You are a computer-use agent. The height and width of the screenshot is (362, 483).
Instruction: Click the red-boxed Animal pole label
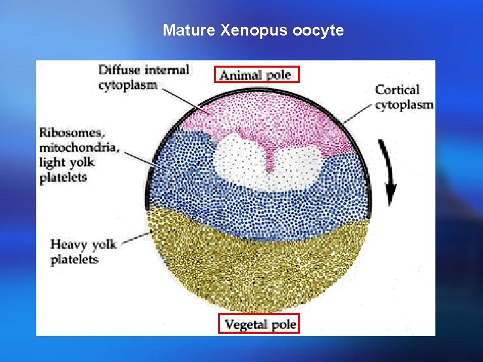tap(256, 74)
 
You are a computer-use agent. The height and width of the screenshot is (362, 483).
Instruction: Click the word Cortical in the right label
tap(397, 90)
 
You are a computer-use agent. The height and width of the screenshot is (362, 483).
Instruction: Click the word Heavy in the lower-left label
tap(67, 244)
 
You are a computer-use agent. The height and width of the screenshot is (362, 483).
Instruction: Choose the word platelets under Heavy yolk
tap(74, 259)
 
